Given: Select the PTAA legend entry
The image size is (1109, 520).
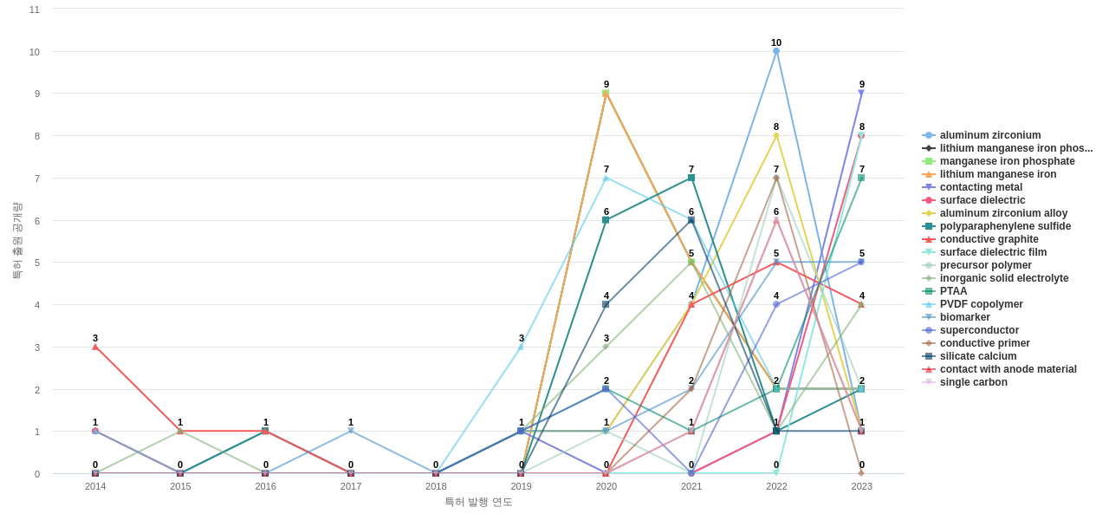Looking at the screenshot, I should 953,291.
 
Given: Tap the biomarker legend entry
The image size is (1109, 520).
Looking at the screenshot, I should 964,317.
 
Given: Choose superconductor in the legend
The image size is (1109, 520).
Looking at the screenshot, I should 979,330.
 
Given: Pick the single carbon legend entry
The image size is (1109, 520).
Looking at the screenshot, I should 973,382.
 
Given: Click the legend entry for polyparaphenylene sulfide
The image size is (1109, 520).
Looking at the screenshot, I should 1005,226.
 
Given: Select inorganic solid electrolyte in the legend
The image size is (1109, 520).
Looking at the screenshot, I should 1004,278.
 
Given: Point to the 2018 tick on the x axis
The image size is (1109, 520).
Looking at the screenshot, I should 436,486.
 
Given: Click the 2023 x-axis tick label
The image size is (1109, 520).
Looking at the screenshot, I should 861,486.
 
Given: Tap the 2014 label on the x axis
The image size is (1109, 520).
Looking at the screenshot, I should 95,486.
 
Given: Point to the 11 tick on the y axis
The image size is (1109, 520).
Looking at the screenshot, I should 35,10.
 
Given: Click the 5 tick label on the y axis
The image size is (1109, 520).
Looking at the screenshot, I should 36,263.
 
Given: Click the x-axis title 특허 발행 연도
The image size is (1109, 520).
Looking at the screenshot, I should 478,502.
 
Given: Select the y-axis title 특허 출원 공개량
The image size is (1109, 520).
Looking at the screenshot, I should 16,241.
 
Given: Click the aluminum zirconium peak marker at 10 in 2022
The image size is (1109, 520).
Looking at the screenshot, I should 776,51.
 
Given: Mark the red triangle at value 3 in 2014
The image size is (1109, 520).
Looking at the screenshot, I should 95,347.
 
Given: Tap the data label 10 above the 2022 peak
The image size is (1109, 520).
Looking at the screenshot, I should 776,42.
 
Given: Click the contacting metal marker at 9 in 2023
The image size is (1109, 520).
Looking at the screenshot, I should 861,93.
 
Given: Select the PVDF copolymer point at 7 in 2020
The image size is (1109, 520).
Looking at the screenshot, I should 606,179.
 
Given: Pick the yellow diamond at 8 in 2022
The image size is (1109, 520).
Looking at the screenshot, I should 776,135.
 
